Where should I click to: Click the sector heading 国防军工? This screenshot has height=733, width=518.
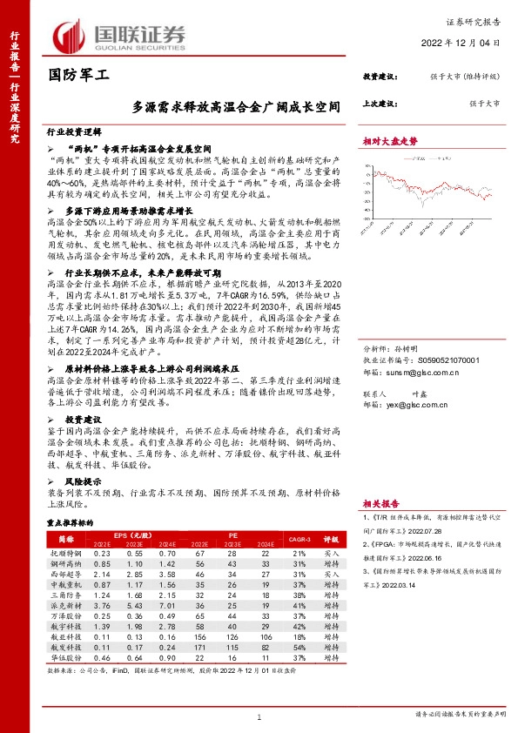[x=77, y=76]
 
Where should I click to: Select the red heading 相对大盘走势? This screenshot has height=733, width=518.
[x=389, y=141]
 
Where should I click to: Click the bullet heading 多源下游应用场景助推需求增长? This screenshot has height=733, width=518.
[x=126, y=211]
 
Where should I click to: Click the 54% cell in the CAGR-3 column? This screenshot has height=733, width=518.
[x=300, y=648]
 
